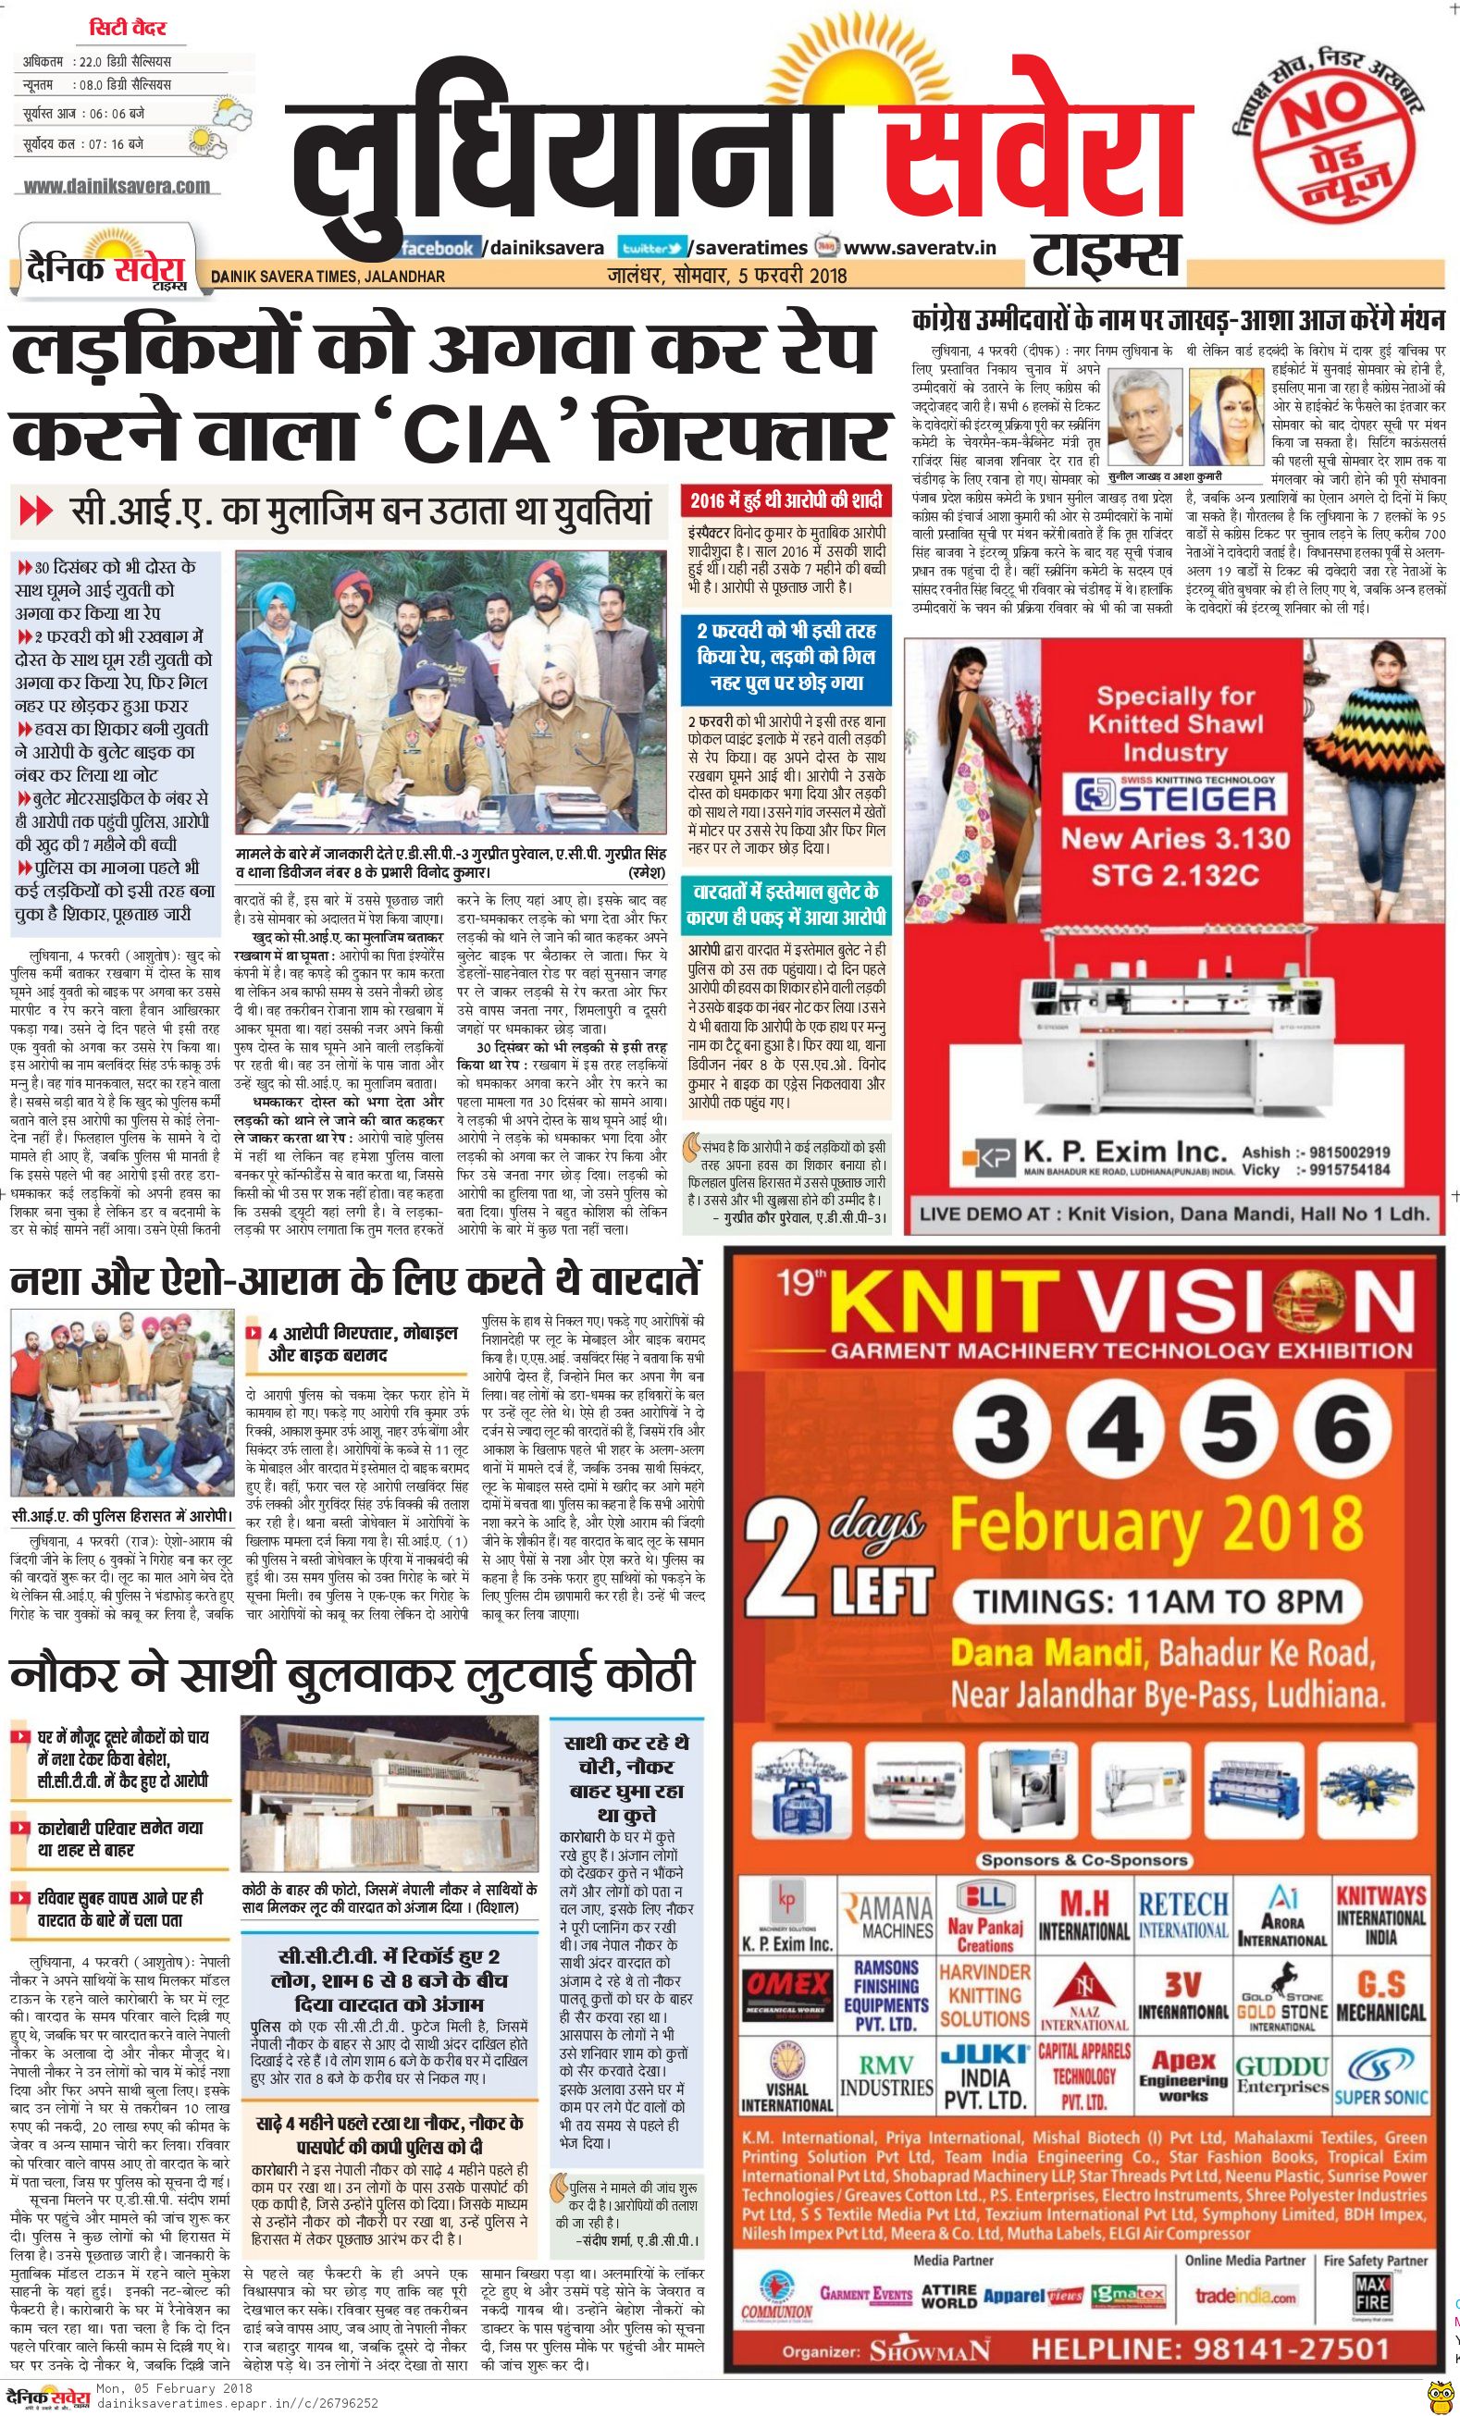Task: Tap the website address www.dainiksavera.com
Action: (116, 185)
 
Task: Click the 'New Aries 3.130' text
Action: (1175, 838)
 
